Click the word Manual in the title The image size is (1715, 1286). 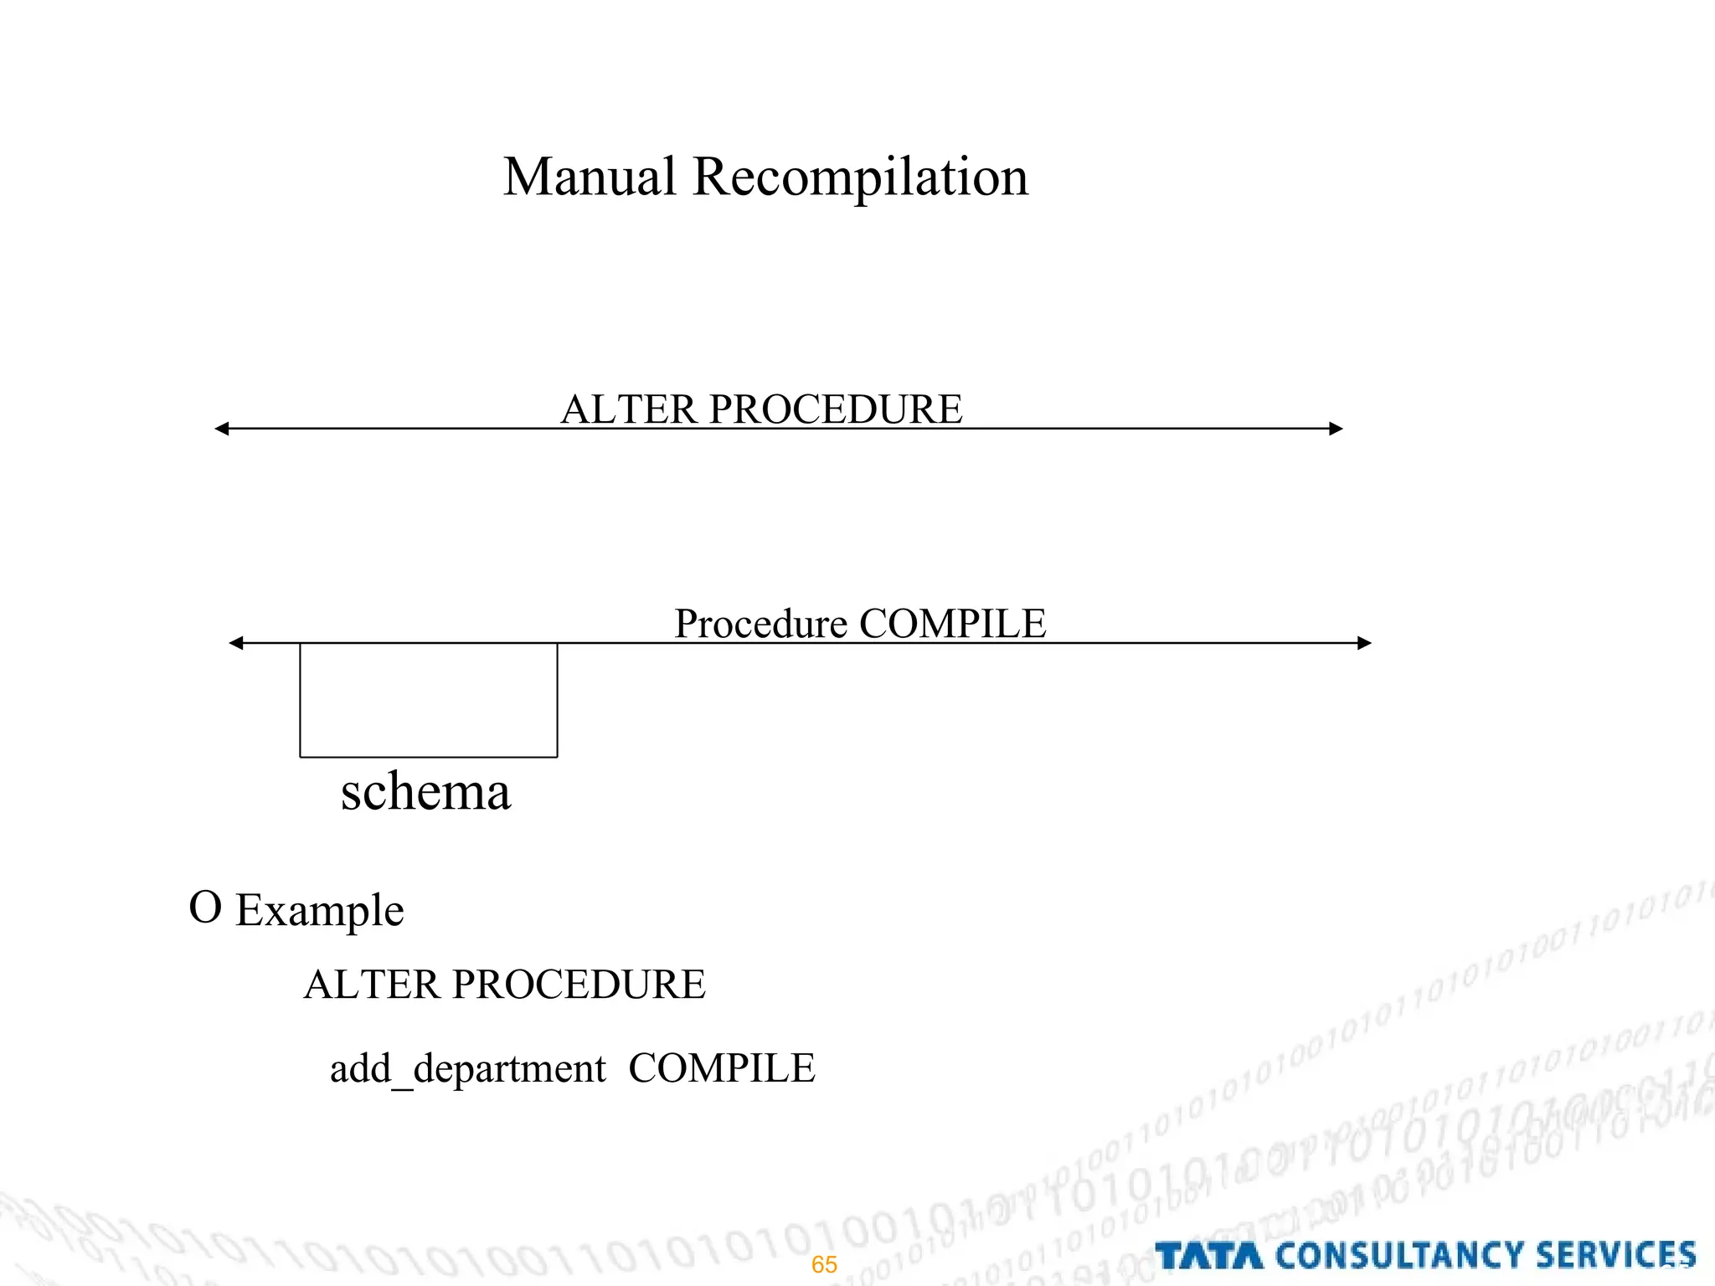[589, 177]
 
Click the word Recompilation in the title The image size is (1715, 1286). [860, 177]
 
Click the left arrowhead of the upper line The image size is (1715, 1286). [222, 429]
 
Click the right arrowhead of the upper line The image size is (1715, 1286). [1336, 429]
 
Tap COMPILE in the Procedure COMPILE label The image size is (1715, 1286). [953, 624]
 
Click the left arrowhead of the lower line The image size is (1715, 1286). [236, 643]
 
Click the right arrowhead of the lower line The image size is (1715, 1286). [1364, 643]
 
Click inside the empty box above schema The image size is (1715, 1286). [429, 700]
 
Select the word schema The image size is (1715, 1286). [425, 792]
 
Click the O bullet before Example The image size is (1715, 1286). [205, 908]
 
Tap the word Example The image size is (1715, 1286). [320, 911]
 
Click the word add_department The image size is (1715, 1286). [467, 1069]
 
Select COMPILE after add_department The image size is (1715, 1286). [721, 1068]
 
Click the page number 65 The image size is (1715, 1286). [824, 1264]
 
